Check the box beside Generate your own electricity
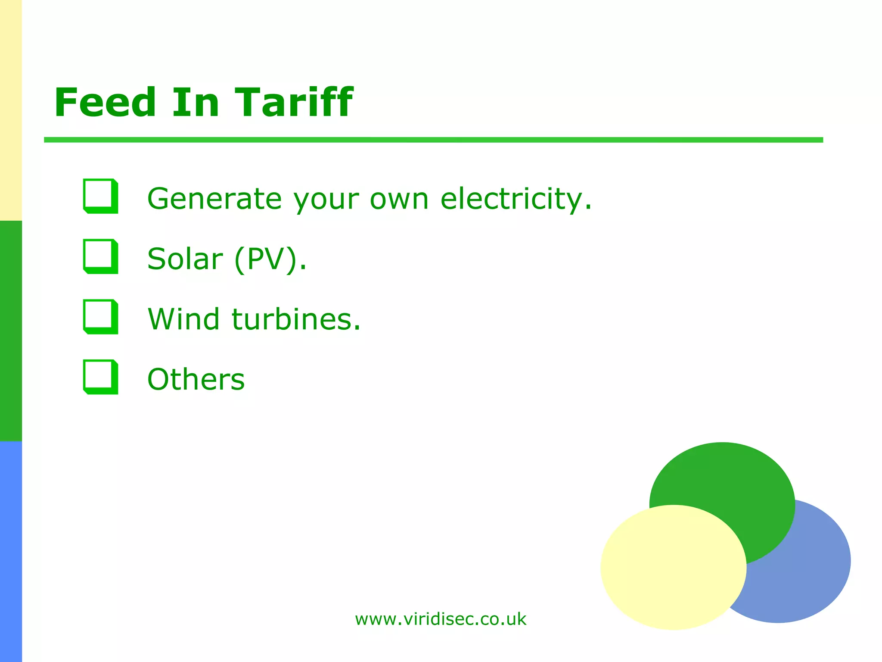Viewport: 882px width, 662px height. tap(100, 196)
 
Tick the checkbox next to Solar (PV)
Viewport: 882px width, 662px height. tap(100, 256)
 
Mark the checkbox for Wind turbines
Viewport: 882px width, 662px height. tap(100, 317)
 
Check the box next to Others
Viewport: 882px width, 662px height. tap(100, 377)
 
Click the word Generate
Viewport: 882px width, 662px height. tap(214, 199)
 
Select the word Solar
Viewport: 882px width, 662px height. tap(185, 259)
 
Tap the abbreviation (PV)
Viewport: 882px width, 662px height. tap(270, 259)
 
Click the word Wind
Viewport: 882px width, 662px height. tap(184, 319)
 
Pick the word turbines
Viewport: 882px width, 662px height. tap(296, 319)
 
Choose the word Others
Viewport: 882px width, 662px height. tap(196, 380)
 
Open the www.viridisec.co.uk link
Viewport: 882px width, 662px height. tap(441, 619)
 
